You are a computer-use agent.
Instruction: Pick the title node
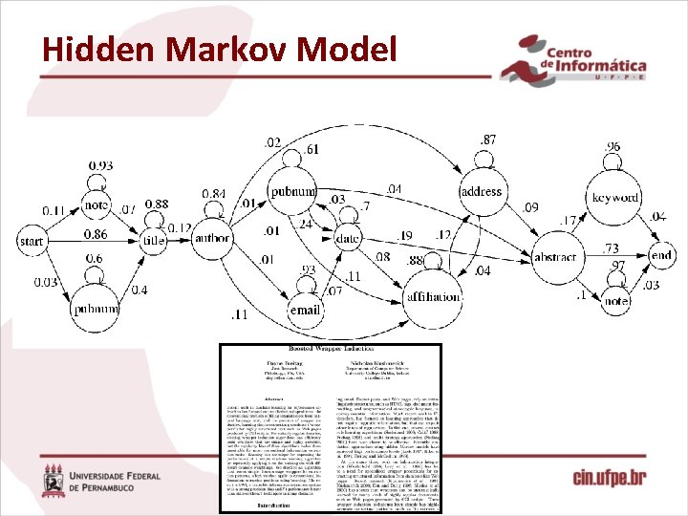[154, 243]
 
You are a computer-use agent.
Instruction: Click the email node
[306, 310]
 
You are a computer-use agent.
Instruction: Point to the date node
[350, 237]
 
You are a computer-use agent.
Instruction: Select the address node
[481, 192]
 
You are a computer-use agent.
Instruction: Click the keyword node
[615, 198]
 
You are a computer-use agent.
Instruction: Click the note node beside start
[97, 204]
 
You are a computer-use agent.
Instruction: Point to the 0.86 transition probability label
[96, 234]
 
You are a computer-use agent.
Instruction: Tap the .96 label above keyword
[613, 146]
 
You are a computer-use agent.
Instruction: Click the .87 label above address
[488, 140]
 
